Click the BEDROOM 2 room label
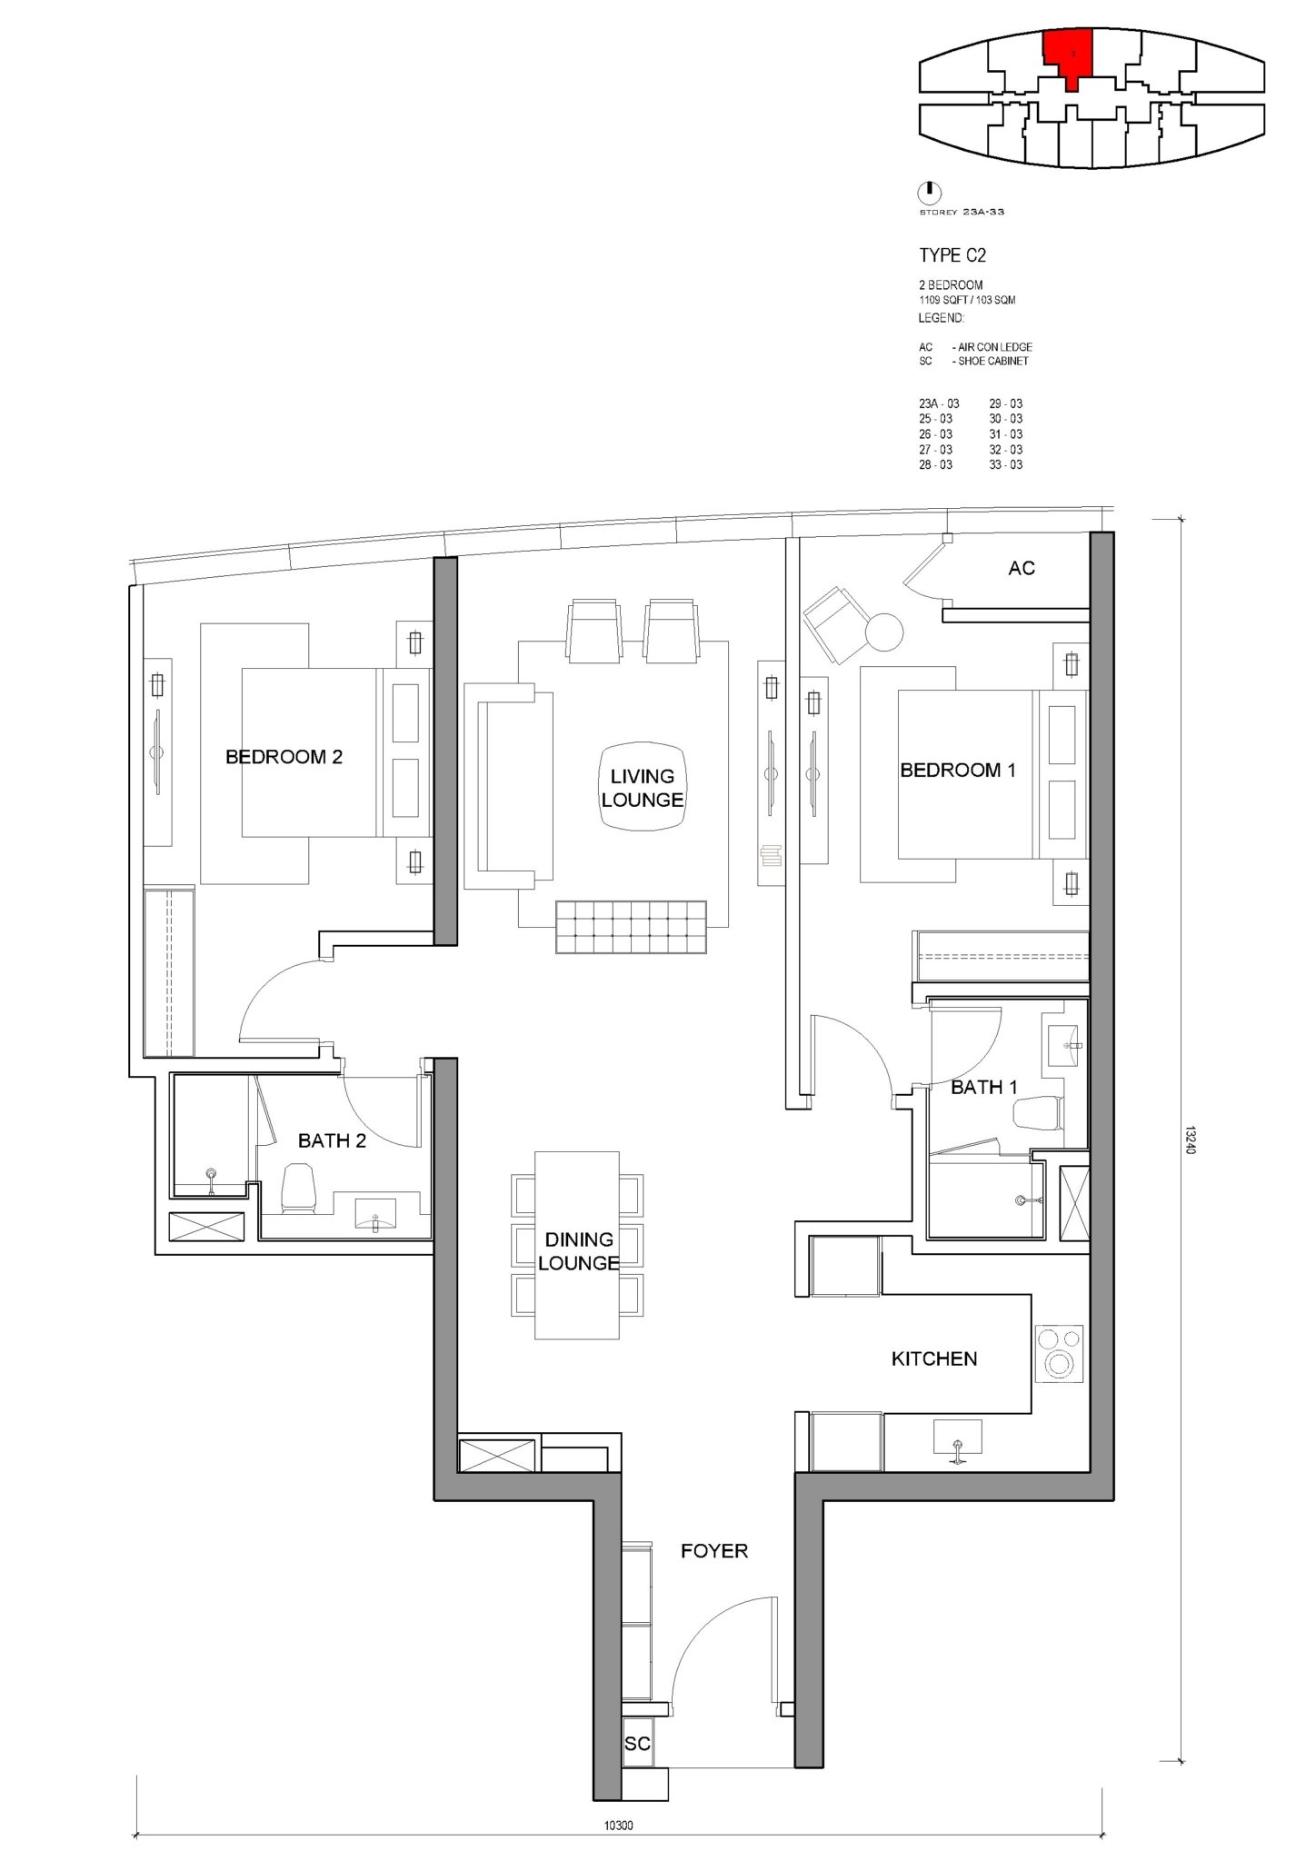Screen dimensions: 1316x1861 click(x=284, y=757)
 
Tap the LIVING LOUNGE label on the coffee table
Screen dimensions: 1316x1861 click(x=643, y=788)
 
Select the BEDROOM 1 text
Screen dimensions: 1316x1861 click(x=958, y=771)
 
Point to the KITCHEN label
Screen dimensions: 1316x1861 click(x=934, y=1359)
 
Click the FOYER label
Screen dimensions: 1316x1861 click(x=714, y=1551)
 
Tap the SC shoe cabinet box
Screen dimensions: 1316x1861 click(x=637, y=1744)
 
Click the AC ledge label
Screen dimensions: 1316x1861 click(x=1022, y=568)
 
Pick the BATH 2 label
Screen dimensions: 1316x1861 click(x=332, y=1141)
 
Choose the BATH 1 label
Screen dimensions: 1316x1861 click(x=984, y=1088)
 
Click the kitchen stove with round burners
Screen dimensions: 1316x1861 click(x=1059, y=1354)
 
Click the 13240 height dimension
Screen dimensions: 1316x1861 click(x=1191, y=1140)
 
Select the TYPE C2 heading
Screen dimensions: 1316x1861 click(x=952, y=256)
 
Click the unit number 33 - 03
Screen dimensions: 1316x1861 click(x=1006, y=465)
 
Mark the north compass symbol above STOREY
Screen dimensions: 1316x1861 click(x=930, y=193)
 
